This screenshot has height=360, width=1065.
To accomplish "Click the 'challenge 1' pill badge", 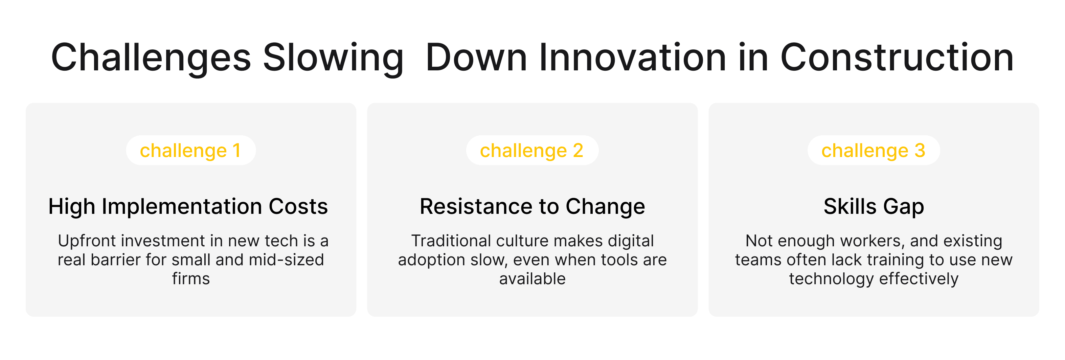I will [190, 151].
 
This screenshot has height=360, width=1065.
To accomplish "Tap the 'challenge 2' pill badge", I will [532, 151].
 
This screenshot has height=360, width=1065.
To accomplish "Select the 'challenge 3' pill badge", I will [873, 151].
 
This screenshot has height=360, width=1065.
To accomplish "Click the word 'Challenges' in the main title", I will [151, 58].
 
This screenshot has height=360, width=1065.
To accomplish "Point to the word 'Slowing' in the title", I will [333, 58].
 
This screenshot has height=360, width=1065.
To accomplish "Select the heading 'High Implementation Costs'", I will [188, 206].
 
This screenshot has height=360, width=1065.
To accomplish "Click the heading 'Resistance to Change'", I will [532, 206].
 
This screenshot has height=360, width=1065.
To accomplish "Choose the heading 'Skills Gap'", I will [874, 206].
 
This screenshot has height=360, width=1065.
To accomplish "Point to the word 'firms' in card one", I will [190, 279].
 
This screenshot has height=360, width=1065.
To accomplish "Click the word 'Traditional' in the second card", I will [451, 241].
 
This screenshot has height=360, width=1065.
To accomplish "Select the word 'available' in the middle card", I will [532, 279].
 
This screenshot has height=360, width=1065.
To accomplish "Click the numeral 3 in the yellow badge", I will [920, 151].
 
